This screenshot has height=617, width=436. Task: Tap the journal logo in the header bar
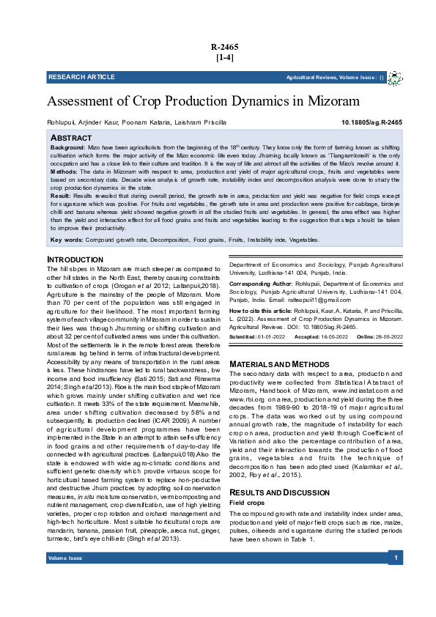pyautogui.click(x=394, y=77)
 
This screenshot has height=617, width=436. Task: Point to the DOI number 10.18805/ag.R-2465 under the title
pyautogui.click(x=372, y=122)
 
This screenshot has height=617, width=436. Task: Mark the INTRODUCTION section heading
pyautogui.click(x=75, y=260)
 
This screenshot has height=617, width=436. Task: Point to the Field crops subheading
pyautogui.click(x=247, y=482)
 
